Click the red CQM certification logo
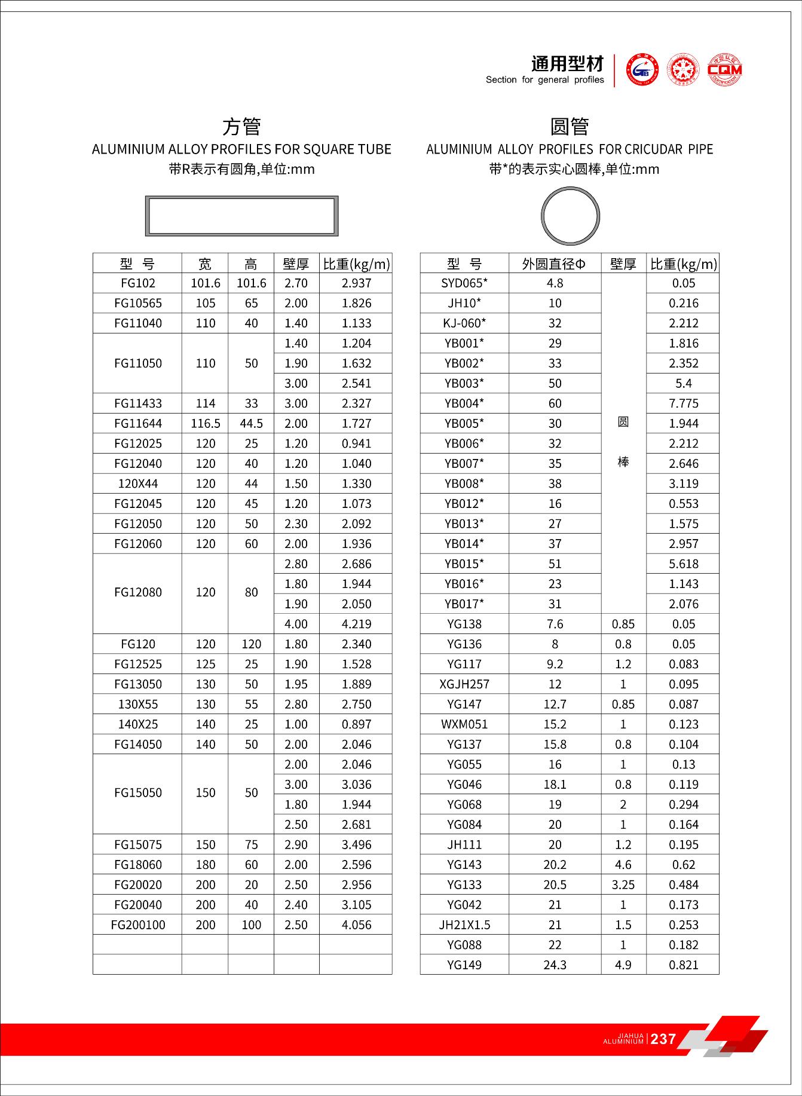pyautogui.click(x=724, y=69)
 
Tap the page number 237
pyautogui.click(x=663, y=1039)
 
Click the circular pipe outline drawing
pyautogui.click(x=570, y=216)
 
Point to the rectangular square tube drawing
pyautogui.click(x=241, y=216)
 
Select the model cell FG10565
pyautogui.click(x=137, y=303)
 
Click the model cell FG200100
pyautogui.click(x=137, y=924)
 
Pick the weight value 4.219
pyautogui.click(x=356, y=624)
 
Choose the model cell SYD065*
pyautogui.click(x=464, y=283)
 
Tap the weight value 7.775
pyautogui.click(x=683, y=403)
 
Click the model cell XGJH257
pyautogui.click(x=464, y=684)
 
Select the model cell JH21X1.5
pyautogui.click(x=464, y=924)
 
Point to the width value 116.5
pyautogui.click(x=205, y=424)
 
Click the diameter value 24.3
pyautogui.click(x=555, y=965)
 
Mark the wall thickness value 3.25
pyautogui.click(x=623, y=884)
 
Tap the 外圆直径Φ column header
pyautogui.click(x=554, y=264)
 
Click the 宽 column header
pyautogui.click(x=205, y=264)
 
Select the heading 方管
pyautogui.click(x=241, y=127)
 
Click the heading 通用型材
pyautogui.click(x=567, y=63)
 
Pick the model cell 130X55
pyautogui.click(x=137, y=704)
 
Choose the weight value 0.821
pyautogui.click(x=683, y=965)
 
